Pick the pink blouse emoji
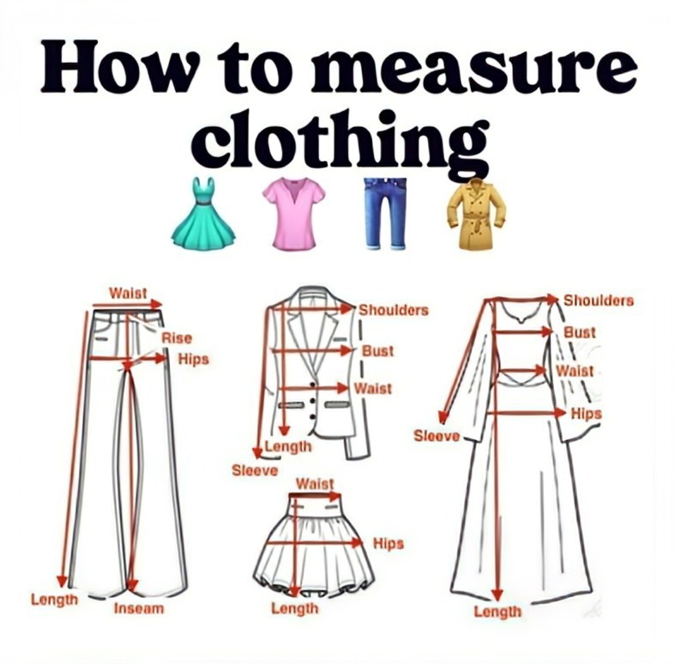coord(294,213)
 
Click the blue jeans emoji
coord(385,214)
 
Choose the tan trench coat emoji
coord(476,214)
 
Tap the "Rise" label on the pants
coord(177,338)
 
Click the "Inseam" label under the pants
coord(139,608)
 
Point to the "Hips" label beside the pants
coord(193,359)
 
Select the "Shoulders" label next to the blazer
coord(394,310)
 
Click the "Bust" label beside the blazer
coord(377,352)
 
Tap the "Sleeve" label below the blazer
coord(255,471)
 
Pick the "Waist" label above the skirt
coord(315,484)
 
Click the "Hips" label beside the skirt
coord(389,543)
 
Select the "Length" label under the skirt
coord(295,608)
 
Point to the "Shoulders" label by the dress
coord(599,300)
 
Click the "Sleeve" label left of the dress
coord(437,436)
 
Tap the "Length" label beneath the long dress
coord(497,612)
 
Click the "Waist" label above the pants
coord(128,293)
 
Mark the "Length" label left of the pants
coord(54,600)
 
